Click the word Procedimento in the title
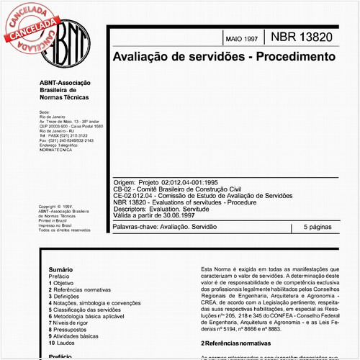coord(289,55)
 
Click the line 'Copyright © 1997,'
coord(55,204)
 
